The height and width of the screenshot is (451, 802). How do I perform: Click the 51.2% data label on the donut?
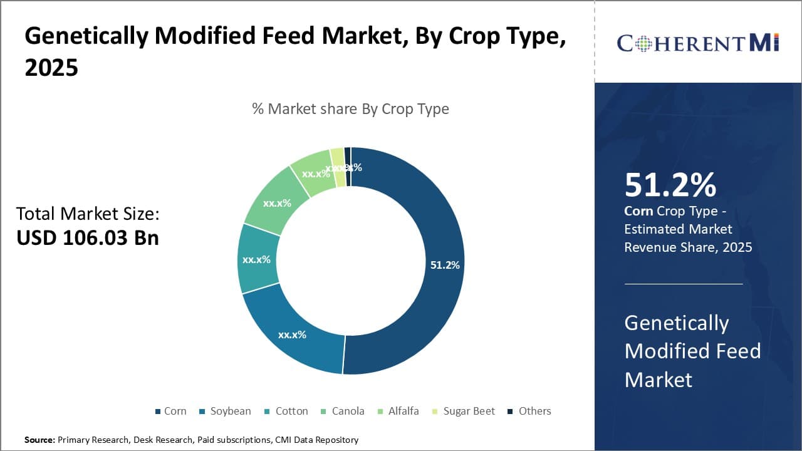tap(445, 265)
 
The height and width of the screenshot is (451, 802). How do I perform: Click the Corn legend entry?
tap(170, 411)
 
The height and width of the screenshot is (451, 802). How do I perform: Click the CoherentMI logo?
tap(697, 43)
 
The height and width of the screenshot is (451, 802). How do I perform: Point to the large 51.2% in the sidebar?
tap(670, 185)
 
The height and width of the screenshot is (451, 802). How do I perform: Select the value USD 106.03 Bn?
tap(88, 238)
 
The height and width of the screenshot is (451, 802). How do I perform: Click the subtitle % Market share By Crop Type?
tap(350, 109)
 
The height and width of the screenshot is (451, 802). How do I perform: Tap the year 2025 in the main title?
tap(51, 68)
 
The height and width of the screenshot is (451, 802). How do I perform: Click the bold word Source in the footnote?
tap(39, 440)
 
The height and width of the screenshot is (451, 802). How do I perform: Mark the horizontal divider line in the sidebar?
tap(683, 284)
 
